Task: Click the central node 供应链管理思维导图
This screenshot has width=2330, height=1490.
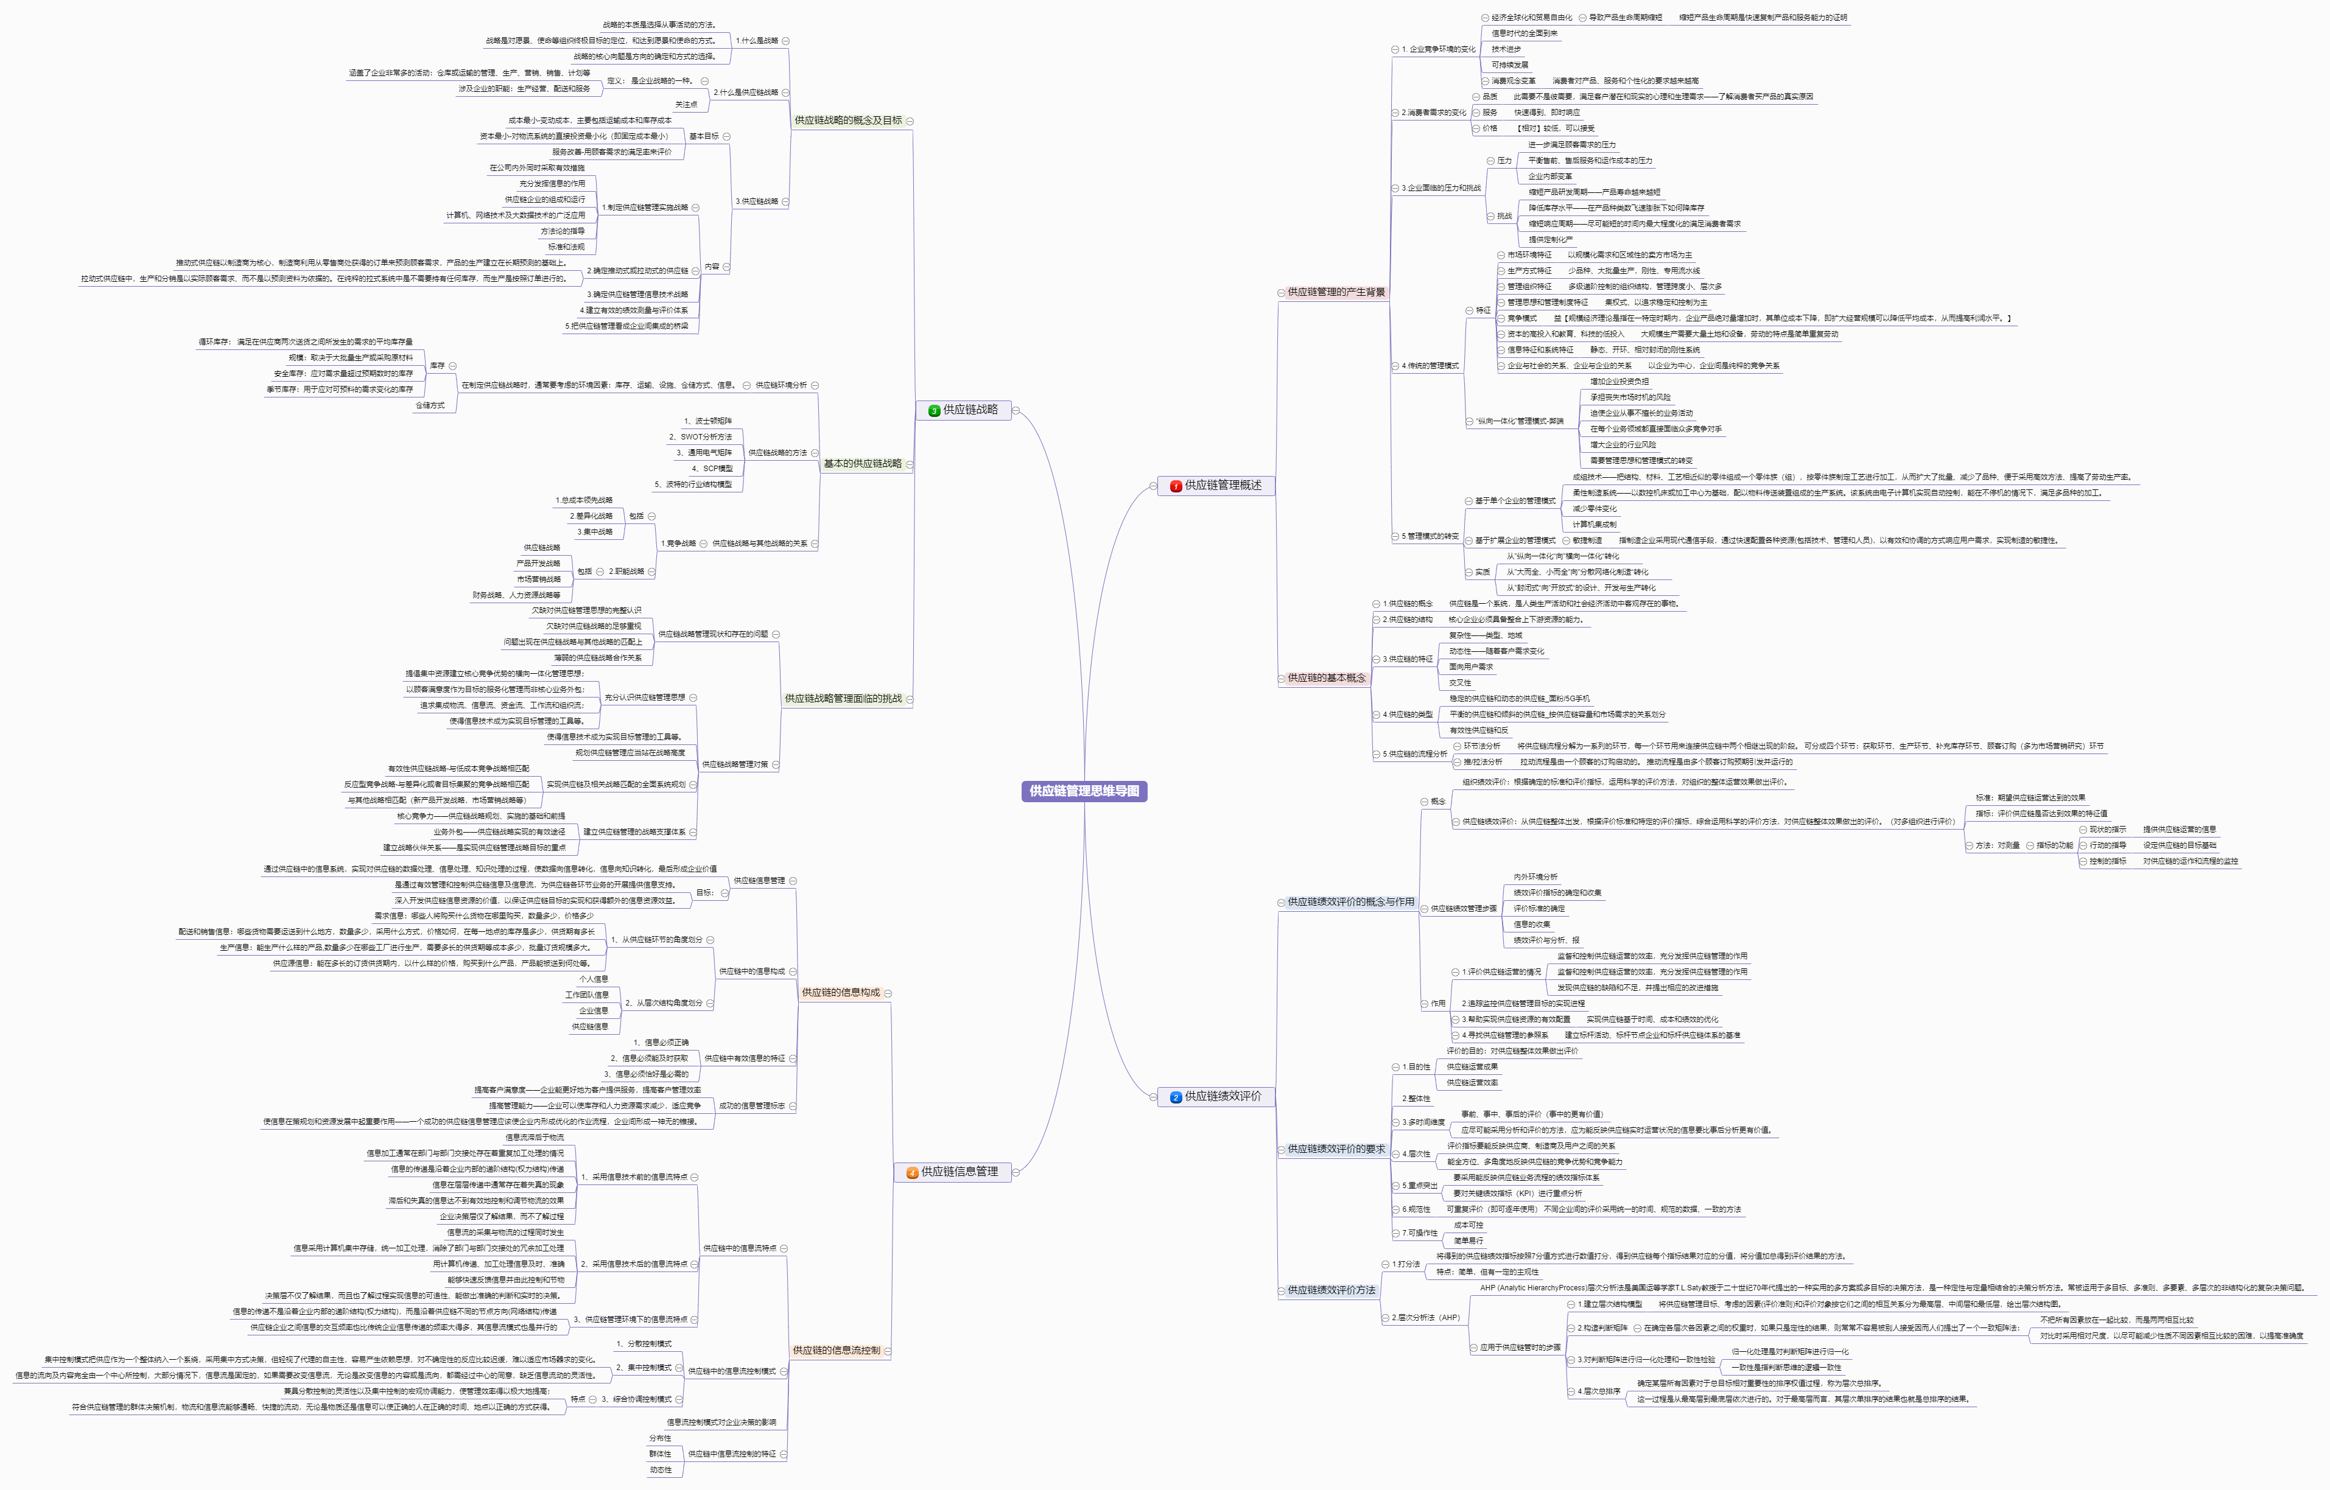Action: coord(1084,791)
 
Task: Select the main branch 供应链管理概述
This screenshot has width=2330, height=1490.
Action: coord(1223,486)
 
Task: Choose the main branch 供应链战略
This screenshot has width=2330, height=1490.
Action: coord(970,410)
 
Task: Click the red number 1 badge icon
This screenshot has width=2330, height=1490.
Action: coord(1176,487)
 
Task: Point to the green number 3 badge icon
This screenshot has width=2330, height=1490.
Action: coord(934,411)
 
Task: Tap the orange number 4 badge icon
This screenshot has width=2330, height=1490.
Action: coord(911,1173)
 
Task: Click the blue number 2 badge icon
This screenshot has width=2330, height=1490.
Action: coord(1176,1097)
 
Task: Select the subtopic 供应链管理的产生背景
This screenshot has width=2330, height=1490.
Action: coord(1335,292)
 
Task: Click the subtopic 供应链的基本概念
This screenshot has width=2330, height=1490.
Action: coord(1325,678)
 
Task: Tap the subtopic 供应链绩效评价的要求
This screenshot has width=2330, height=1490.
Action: coord(1335,1149)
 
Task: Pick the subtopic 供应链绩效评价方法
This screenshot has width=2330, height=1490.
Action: coord(1330,1291)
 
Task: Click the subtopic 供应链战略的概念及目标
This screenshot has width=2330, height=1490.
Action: coord(847,121)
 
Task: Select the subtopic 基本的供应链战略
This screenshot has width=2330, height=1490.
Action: coord(862,464)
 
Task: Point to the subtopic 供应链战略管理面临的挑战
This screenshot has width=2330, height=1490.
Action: coord(843,699)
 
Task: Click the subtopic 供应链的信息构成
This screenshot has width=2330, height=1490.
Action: coord(840,993)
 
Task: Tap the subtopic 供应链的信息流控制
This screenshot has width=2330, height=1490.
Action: coord(836,1351)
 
